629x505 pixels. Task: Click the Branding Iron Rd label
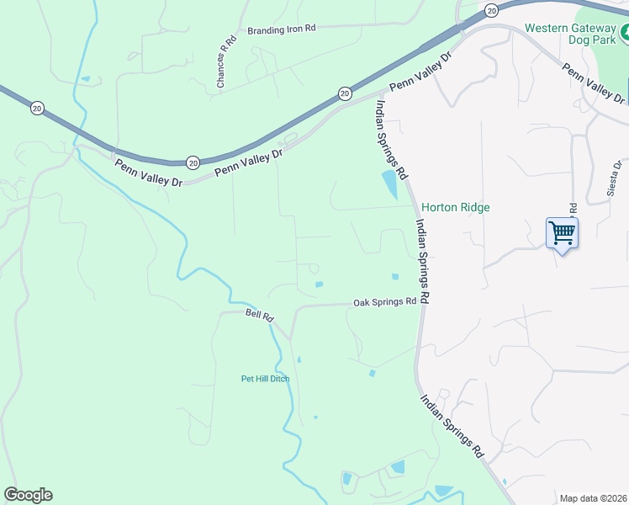click(281, 29)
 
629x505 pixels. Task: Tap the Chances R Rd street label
click(223, 66)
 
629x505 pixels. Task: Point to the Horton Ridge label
click(455, 207)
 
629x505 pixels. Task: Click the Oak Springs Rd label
click(384, 301)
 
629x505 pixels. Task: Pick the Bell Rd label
click(260, 316)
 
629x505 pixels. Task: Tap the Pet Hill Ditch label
click(265, 379)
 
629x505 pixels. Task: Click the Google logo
click(28, 495)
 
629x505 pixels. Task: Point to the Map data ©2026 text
click(593, 498)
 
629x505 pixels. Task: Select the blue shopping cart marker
click(561, 232)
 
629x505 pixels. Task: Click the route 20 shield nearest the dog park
click(492, 9)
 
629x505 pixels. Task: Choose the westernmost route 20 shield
click(36, 109)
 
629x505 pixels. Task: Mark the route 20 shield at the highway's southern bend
click(193, 162)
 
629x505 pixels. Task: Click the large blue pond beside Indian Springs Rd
click(390, 184)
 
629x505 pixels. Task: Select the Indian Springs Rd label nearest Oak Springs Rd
click(423, 262)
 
